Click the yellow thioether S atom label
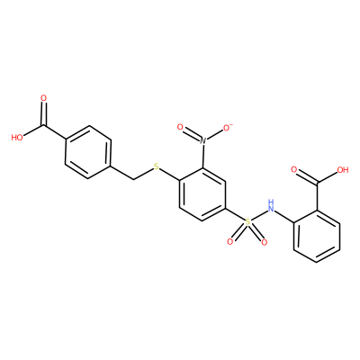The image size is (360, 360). pyautogui.click(x=156, y=166)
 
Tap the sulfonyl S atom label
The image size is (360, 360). pyautogui.click(x=247, y=222)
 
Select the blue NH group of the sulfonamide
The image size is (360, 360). pyautogui.click(x=271, y=205)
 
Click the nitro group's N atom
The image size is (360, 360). pyautogui.click(x=202, y=139)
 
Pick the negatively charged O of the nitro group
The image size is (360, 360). pyautogui.click(x=226, y=127)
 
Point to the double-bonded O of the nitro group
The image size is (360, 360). pyautogui.click(x=180, y=127)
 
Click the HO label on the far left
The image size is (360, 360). pyautogui.click(x=17, y=138)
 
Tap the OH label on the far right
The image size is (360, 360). pyautogui.click(x=343, y=170)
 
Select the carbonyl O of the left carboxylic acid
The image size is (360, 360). pyautogui.click(x=44, y=98)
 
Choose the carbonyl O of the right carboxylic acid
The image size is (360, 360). pyautogui.click(x=294, y=170)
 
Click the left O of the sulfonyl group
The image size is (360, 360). pyautogui.click(x=230, y=241)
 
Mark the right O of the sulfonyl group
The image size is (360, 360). pyautogui.click(x=264, y=241)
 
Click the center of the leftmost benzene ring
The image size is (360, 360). pyautogui.click(x=88, y=153)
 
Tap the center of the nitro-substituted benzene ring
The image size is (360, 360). pyautogui.click(x=202, y=193)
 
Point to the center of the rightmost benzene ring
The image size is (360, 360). pyautogui.click(x=317, y=236)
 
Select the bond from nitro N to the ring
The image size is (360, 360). pyautogui.click(x=202, y=156)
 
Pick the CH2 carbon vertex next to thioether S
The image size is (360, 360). pyautogui.click(x=134, y=179)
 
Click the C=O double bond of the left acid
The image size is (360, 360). pyautogui.click(x=44, y=113)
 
